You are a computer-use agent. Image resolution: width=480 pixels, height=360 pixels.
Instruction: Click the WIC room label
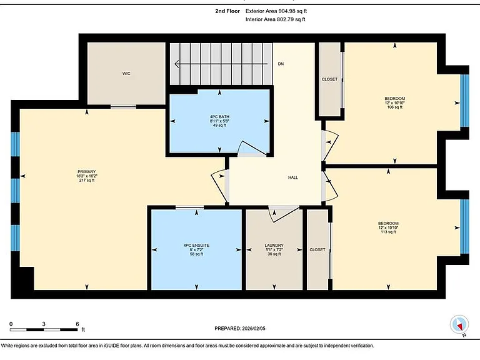click(126, 74)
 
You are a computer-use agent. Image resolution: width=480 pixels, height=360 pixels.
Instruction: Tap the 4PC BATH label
click(219, 117)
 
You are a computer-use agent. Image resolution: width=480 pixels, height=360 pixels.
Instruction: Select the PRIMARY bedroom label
click(87, 172)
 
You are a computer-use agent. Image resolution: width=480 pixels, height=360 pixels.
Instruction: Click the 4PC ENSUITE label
click(196, 246)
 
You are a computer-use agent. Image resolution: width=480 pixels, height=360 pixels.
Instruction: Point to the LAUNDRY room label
click(274, 246)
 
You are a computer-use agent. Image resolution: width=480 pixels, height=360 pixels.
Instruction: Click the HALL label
click(293, 177)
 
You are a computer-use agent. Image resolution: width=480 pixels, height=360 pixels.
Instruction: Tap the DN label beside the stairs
click(281, 64)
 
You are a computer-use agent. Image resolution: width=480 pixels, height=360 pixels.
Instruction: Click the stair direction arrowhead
click(177, 64)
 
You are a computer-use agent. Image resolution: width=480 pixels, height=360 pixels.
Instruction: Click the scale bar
click(44, 330)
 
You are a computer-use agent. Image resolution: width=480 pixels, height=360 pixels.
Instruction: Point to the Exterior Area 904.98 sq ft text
click(276, 11)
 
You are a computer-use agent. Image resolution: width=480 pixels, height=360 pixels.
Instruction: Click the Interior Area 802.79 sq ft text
click(276, 19)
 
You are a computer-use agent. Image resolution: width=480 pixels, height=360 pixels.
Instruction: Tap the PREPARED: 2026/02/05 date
click(240, 329)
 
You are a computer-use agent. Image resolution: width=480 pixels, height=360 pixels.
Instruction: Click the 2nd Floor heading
click(227, 11)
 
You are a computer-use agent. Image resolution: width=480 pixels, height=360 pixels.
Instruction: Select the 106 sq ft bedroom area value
click(395, 107)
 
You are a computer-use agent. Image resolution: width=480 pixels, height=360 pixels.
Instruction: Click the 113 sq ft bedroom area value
click(388, 232)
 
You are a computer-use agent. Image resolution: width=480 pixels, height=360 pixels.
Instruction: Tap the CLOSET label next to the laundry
click(317, 250)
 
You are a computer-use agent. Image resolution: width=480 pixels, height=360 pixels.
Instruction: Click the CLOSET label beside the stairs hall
click(330, 79)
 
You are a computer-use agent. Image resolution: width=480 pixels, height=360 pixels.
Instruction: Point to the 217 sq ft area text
click(87, 180)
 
